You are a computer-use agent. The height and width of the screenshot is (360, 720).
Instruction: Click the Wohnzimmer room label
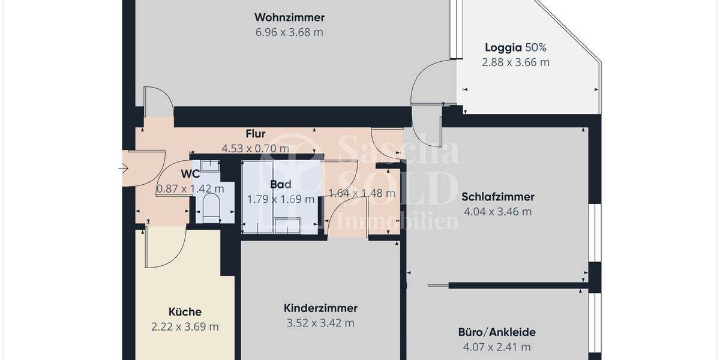pyautogui.click(x=289, y=17)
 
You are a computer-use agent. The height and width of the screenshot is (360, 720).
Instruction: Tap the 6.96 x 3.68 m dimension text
pyautogui.click(x=289, y=32)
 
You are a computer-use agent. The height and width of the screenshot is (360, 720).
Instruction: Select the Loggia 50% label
pyautogui.click(x=515, y=47)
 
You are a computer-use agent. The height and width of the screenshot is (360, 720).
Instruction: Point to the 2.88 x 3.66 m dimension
pyautogui.click(x=515, y=62)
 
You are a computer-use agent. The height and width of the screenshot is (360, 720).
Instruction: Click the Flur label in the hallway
pyautogui.click(x=256, y=134)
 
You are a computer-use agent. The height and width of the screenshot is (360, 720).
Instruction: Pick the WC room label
pyautogui.click(x=190, y=174)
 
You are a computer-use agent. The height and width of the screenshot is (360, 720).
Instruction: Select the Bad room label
pyautogui.click(x=281, y=184)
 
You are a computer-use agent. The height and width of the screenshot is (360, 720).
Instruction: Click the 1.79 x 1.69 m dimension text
pyautogui.click(x=281, y=199)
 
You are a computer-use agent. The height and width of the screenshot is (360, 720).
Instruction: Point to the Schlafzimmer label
pyautogui.click(x=498, y=196)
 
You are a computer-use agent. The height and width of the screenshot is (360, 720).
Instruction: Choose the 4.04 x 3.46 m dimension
pyautogui.click(x=498, y=211)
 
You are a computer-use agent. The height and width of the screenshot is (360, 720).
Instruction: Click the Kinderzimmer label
pyautogui.click(x=320, y=308)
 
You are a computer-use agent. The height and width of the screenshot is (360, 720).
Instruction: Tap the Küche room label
pyautogui.click(x=185, y=312)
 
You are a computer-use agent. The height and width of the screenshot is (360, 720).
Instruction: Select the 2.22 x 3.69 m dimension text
pyautogui.click(x=185, y=327)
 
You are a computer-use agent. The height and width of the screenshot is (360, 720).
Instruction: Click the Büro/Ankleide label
pyautogui.click(x=497, y=332)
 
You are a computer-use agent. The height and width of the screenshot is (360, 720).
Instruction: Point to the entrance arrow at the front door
pyautogui.click(x=123, y=169)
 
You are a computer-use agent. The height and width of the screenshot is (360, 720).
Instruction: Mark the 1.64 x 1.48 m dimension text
pyautogui.click(x=362, y=193)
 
